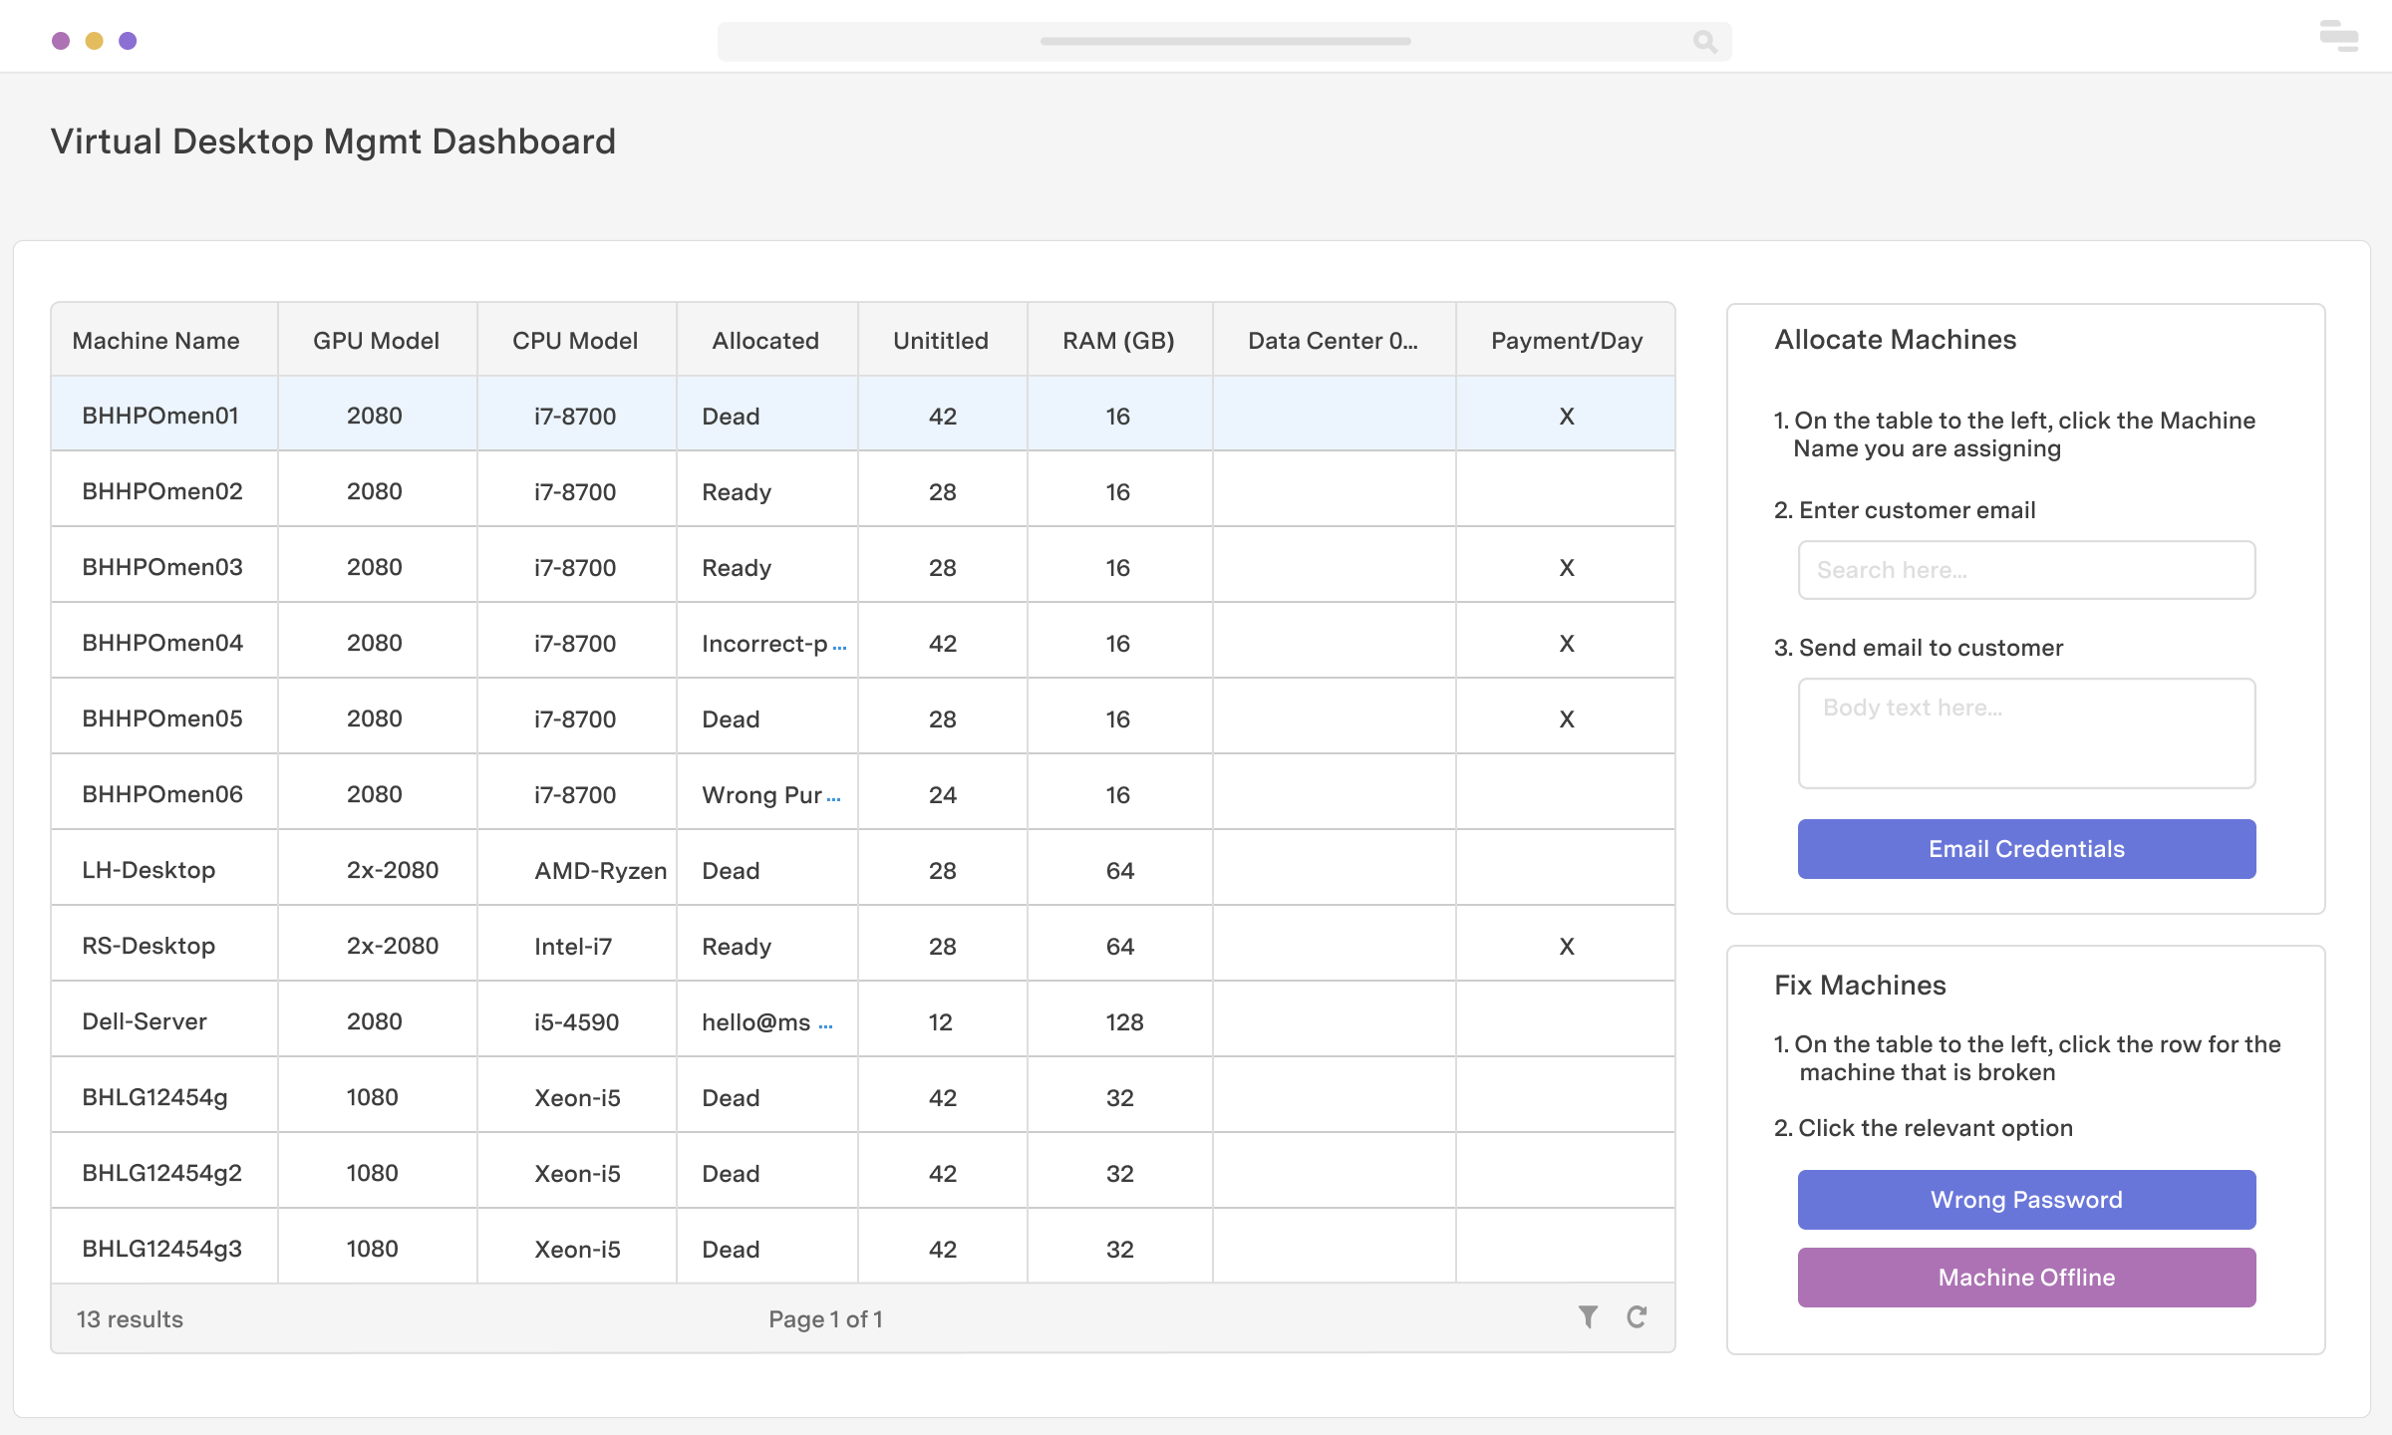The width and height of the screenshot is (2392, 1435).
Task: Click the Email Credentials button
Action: click(2026, 849)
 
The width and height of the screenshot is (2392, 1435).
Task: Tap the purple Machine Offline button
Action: click(2026, 1278)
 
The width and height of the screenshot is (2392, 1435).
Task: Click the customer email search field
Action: click(2026, 570)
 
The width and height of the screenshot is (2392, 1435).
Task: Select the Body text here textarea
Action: click(2026, 733)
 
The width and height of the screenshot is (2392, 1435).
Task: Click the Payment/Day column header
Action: click(1566, 341)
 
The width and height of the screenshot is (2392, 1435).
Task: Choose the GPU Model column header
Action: click(376, 341)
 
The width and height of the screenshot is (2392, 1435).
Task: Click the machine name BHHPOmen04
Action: click(162, 644)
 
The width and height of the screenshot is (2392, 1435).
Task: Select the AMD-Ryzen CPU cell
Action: click(600, 871)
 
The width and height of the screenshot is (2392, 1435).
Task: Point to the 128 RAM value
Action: click(1124, 1022)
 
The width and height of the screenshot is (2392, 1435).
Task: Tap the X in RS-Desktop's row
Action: click(1567, 947)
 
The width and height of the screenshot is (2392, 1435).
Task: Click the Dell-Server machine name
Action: click(145, 1022)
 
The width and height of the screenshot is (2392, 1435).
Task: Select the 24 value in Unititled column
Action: click(942, 795)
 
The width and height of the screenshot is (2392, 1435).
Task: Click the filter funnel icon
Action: click(1588, 1317)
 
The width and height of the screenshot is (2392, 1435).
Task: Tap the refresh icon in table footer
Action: click(1637, 1317)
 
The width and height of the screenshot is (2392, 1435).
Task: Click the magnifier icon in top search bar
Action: click(1704, 42)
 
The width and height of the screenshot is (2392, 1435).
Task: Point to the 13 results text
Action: click(130, 1319)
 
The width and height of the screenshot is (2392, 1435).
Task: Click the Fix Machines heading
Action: click(1860, 986)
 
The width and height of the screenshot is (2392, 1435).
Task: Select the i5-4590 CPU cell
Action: click(576, 1022)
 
